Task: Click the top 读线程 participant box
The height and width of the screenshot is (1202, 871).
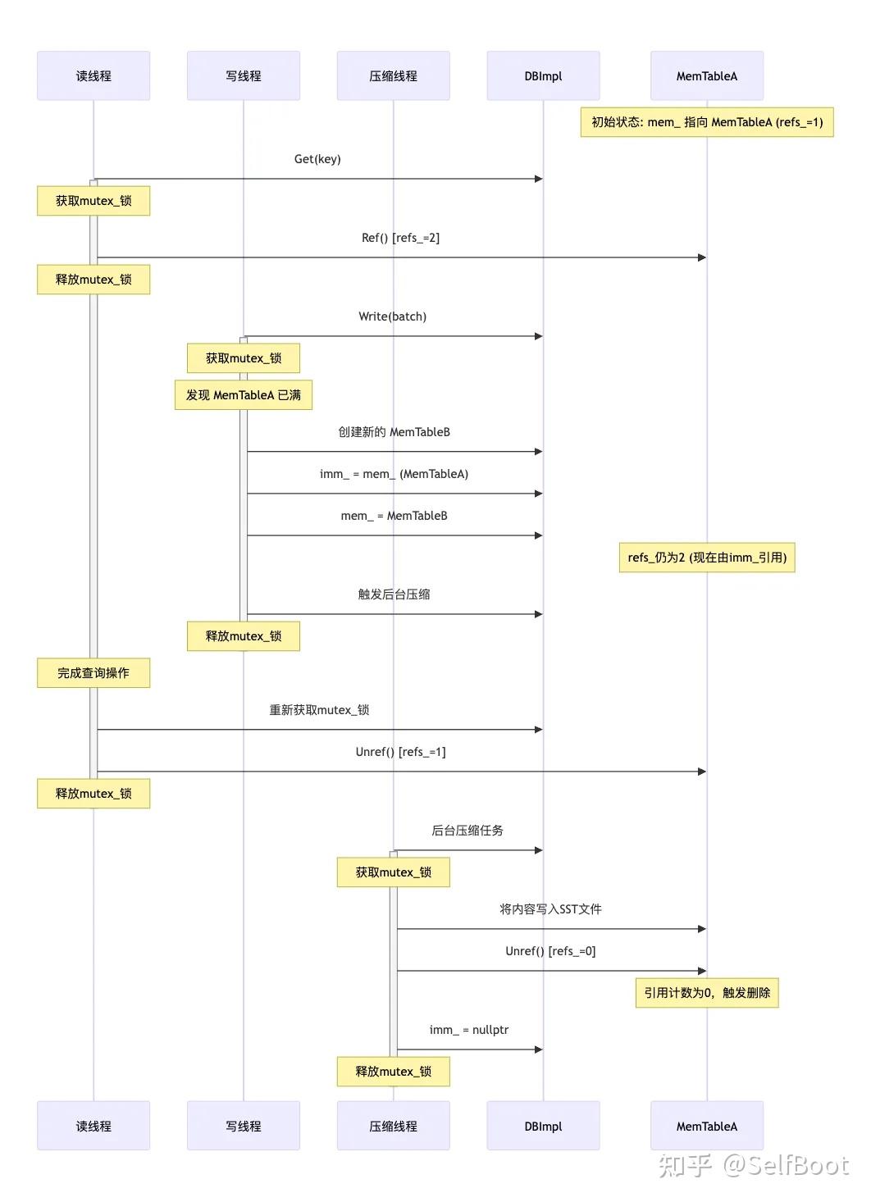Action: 93,76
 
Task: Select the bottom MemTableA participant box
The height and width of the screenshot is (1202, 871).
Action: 706,1126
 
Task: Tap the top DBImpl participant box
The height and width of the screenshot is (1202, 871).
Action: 543,76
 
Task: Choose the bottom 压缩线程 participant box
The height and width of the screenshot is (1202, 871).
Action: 393,1126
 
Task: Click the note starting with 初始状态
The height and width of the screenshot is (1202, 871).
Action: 706,122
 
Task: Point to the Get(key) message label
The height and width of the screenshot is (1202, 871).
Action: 317,159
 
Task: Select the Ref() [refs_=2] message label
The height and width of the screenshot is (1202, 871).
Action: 400,238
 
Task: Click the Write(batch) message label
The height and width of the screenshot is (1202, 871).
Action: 392,316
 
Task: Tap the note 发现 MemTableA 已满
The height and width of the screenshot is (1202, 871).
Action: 244,395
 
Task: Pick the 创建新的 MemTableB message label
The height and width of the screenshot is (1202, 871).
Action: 394,432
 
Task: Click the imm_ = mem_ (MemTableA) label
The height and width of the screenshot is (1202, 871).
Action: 394,474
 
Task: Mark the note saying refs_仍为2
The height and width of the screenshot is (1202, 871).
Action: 707,558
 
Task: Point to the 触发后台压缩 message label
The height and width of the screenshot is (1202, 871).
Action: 394,594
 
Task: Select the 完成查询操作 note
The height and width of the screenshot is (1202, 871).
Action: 93,673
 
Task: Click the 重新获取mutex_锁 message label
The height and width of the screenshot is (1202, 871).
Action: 319,710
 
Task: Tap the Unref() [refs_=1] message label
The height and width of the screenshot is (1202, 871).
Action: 400,752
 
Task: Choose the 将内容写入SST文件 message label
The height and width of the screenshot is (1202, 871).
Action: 550,909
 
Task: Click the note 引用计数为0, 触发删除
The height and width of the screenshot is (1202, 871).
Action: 706,993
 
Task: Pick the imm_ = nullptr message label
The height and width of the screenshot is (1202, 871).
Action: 468,1030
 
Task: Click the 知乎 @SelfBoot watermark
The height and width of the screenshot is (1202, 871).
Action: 753,1165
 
